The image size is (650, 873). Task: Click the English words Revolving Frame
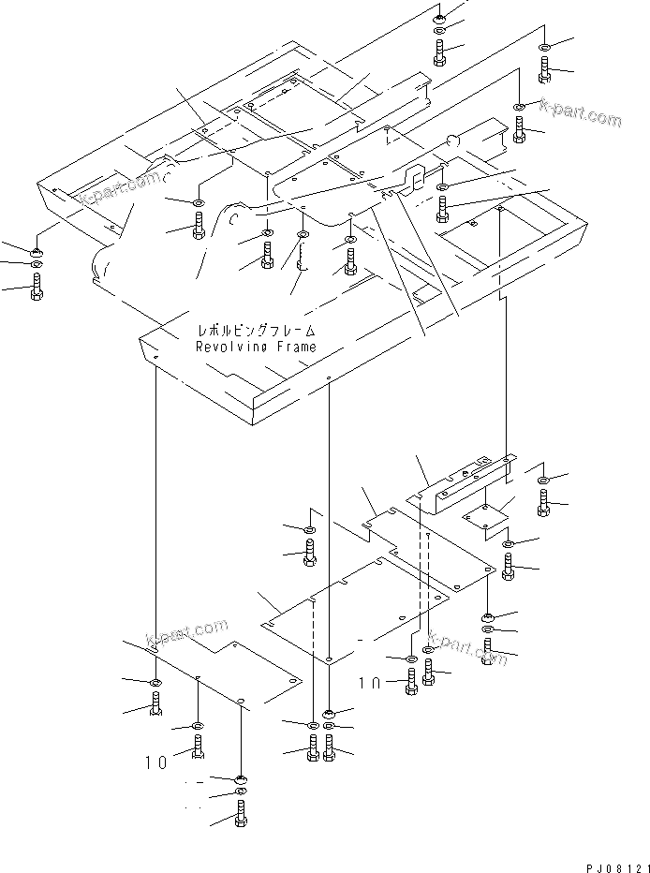256,347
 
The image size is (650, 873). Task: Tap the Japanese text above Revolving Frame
256,331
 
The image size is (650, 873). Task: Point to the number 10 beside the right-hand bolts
370,685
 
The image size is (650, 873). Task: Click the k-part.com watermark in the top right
581,115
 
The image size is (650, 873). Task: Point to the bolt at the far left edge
37,288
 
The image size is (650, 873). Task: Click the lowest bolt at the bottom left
240,817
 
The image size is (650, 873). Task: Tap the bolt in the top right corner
546,67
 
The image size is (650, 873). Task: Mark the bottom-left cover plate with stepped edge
225,674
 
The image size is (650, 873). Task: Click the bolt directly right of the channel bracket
546,503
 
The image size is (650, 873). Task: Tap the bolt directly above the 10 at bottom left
199,747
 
